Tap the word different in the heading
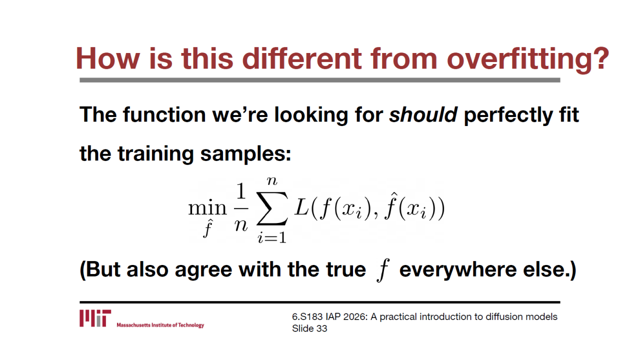tap(302, 58)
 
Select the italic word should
tap(423, 115)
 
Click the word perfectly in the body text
tap(508, 115)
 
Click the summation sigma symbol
tap(272, 208)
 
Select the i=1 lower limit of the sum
tap(272, 237)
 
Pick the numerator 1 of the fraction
tap(241, 191)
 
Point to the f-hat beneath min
tap(207, 228)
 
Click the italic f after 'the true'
tap(383, 269)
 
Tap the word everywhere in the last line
tap(458, 270)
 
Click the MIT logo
tap(95, 318)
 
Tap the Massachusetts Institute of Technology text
tap(160, 325)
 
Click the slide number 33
tap(321, 328)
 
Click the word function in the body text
tap(164, 115)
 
